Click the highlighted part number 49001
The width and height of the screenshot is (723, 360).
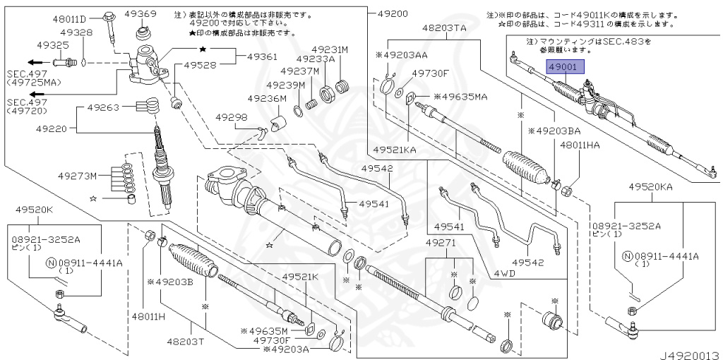coord(563,68)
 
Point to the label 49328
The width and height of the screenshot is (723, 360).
coord(76,32)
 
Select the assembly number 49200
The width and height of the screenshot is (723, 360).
coord(393,13)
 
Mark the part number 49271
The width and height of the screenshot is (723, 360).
coord(442,242)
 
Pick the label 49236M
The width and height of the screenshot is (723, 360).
coord(267,99)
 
